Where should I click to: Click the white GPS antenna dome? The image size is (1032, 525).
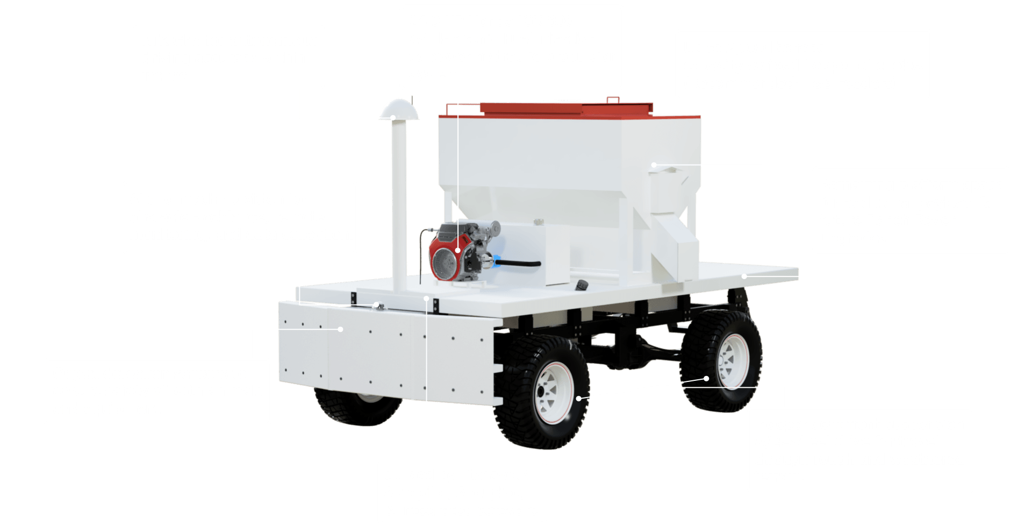click(x=398, y=110)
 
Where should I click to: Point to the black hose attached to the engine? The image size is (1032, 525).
click(x=519, y=264)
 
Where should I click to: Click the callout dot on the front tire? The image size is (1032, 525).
click(x=579, y=399)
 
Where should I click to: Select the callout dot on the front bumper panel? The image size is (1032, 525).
click(x=340, y=329)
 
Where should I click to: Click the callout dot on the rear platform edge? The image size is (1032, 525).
click(x=744, y=276)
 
